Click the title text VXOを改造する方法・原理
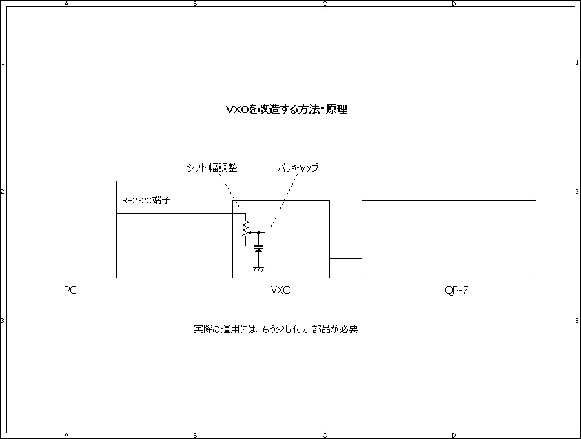pos(287,110)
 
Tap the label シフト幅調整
pos(212,168)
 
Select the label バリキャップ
pos(298,168)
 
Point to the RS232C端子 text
pos(147,201)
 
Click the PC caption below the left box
pos(70,291)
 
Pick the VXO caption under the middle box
pos(281,291)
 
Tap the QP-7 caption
pos(456,291)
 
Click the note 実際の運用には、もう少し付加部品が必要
pos(276,329)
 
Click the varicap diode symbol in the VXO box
pos(258,249)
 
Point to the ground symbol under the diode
pos(258,268)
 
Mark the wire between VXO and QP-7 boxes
pos(345,258)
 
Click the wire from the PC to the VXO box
pos(174,213)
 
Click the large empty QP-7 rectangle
pos(449,239)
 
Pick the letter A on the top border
pos(66,3)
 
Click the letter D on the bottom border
pos(454,436)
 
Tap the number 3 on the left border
pos(3,321)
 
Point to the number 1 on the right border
pos(578,63)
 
